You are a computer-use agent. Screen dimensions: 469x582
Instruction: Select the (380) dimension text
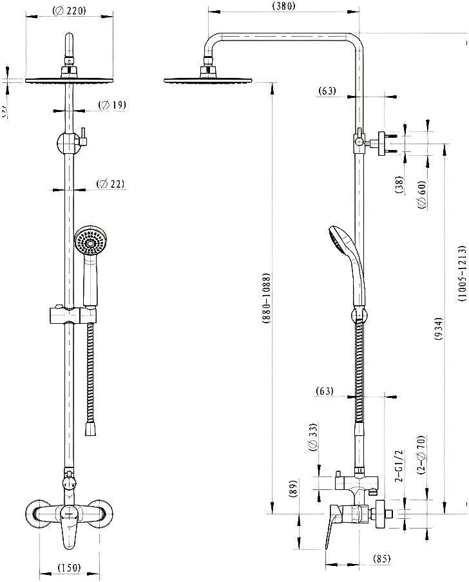pyautogui.click(x=283, y=6)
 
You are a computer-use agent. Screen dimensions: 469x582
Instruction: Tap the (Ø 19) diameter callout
pyautogui.click(x=111, y=105)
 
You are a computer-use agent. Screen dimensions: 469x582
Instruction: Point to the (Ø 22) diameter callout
pyautogui.click(x=110, y=184)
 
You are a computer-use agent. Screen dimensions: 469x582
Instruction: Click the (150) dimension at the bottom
pyautogui.click(x=69, y=568)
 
